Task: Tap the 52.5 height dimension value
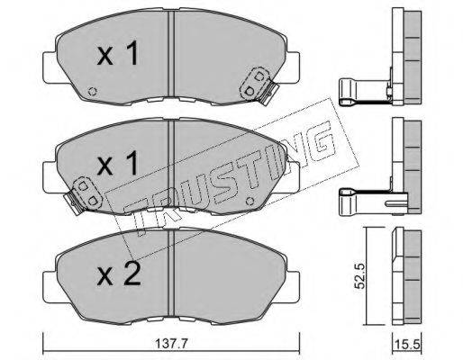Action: coord(359,275)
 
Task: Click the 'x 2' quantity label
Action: coord(119,274)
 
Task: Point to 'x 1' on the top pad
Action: coord(118,53)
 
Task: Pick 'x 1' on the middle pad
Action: coord(118,164)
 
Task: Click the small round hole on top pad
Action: coord(92,91)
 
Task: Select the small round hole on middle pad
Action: coord(250,202)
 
